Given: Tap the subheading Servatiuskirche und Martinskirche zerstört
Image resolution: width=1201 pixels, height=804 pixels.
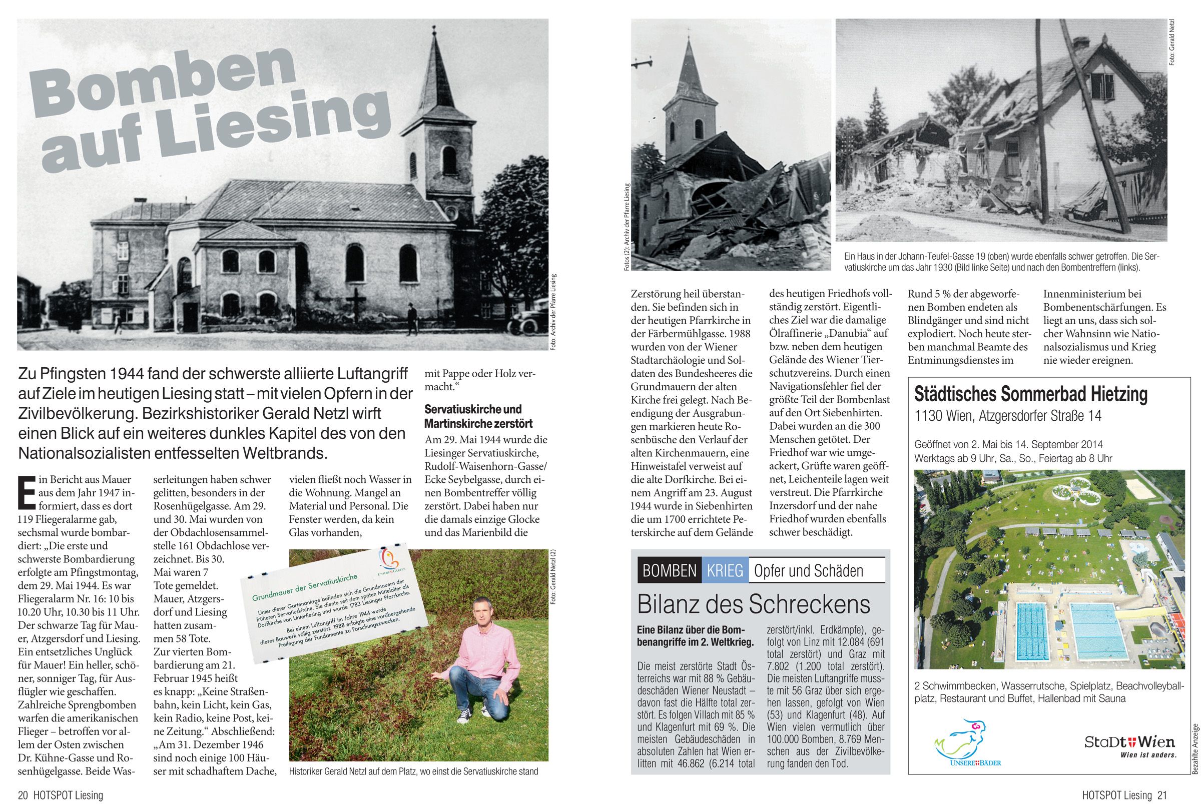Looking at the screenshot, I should tap(479, 416).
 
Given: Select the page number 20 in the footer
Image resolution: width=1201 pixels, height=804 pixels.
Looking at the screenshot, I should tap(23, 795).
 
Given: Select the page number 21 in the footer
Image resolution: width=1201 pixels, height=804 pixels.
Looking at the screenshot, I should tap(1162, 795).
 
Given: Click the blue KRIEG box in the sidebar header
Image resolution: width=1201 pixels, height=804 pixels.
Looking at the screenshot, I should tap(725, 571).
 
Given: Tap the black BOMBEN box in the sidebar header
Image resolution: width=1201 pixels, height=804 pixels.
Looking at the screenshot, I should tap(669, 571).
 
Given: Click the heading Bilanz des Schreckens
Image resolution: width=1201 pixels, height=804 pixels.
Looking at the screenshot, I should tap(753, 604).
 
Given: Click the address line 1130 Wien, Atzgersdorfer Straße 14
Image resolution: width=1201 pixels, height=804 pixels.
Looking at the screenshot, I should tap(1008, 416).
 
